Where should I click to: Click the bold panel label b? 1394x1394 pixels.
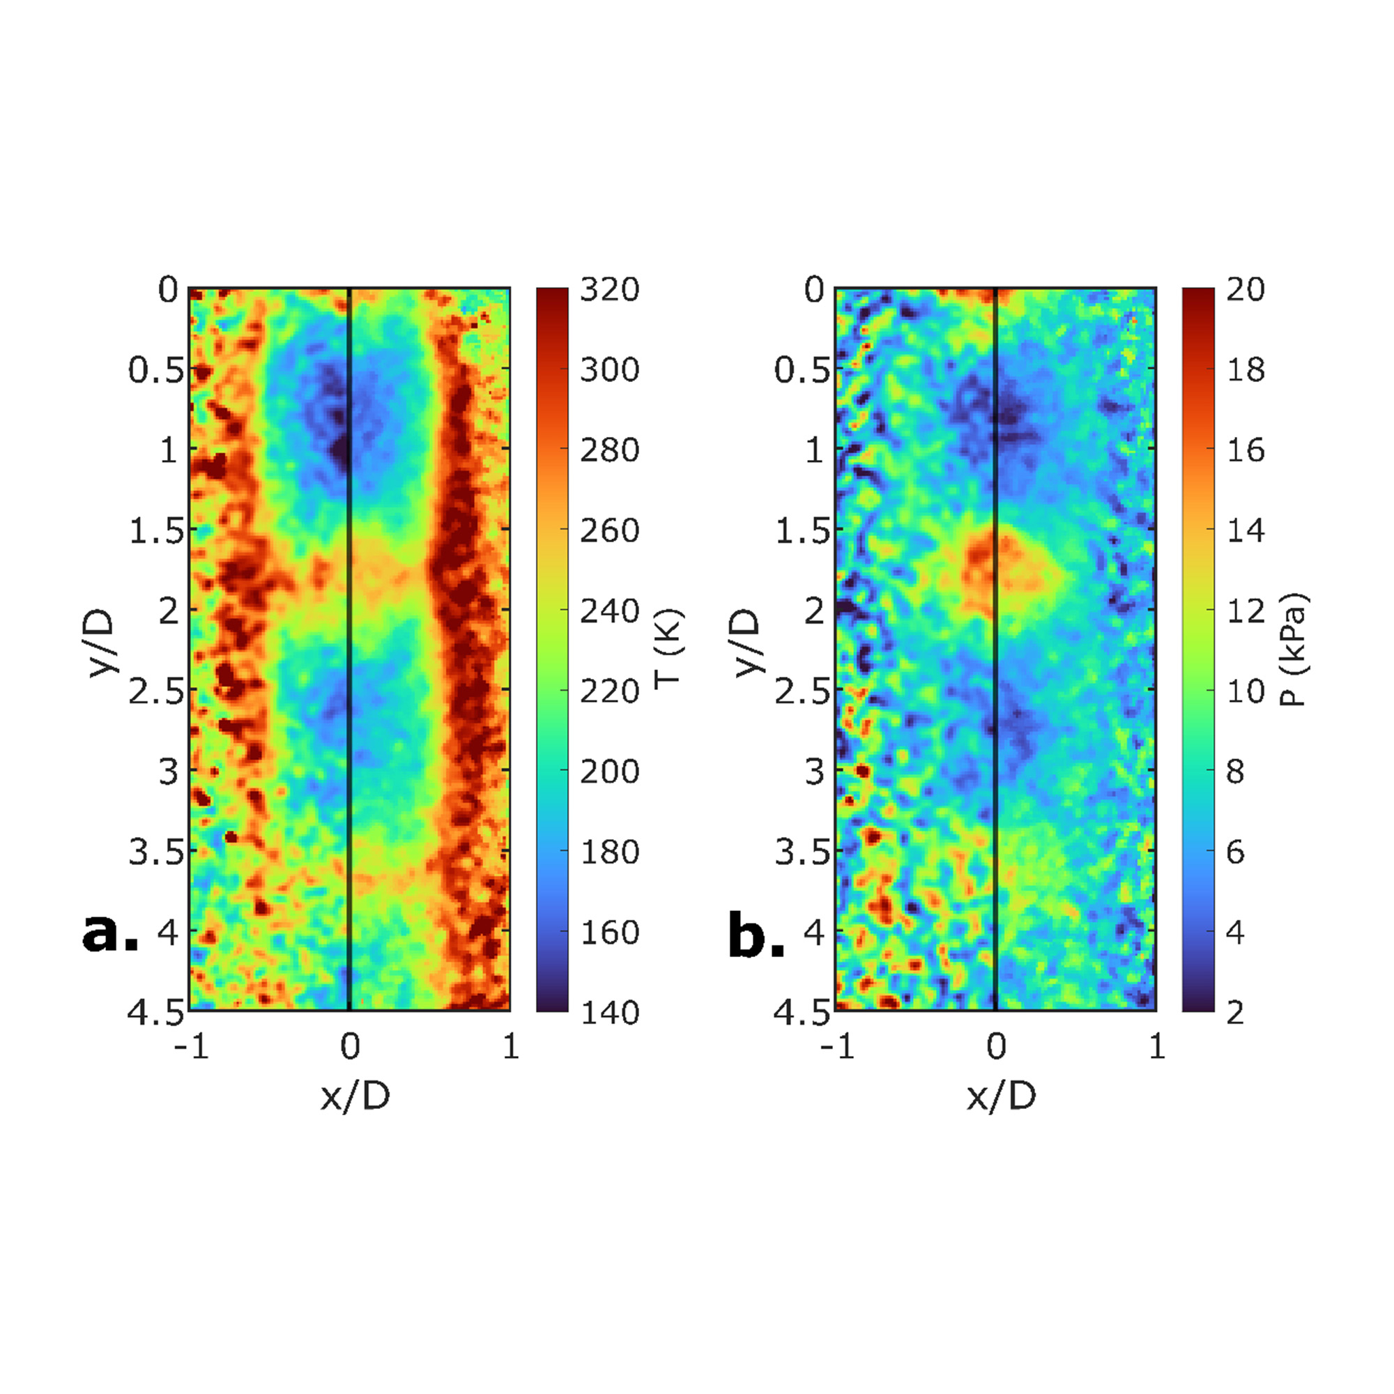tap(756, 935)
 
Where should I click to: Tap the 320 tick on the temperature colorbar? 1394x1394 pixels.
tap(610, 289)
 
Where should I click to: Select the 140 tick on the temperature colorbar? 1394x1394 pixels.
tap(610, 1012)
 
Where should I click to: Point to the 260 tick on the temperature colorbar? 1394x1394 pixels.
tap(610, 530)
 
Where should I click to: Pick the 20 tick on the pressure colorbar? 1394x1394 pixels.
tap(1246, 289)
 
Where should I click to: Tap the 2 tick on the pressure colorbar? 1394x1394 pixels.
tap(1235, 1012)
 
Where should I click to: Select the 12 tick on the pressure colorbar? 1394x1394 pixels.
tap(1246, 611)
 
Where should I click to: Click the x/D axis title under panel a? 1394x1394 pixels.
tap(355, 1096)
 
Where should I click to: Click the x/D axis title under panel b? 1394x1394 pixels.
tap(1001, 1096)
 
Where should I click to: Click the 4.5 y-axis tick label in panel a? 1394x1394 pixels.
tap(156, 1013)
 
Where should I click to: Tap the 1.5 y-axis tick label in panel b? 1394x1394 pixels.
tap(802, 531)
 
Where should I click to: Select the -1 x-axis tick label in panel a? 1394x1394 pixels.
tap(191, 1047)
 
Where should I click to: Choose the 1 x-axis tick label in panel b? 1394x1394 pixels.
tap(1156, 1047)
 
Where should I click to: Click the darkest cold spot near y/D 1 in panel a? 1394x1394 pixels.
tap(339, 451)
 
